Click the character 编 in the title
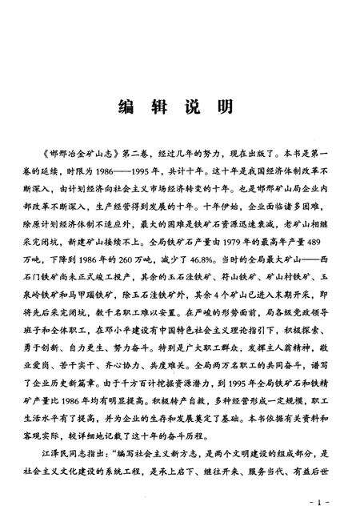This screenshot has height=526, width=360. [127, 106]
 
